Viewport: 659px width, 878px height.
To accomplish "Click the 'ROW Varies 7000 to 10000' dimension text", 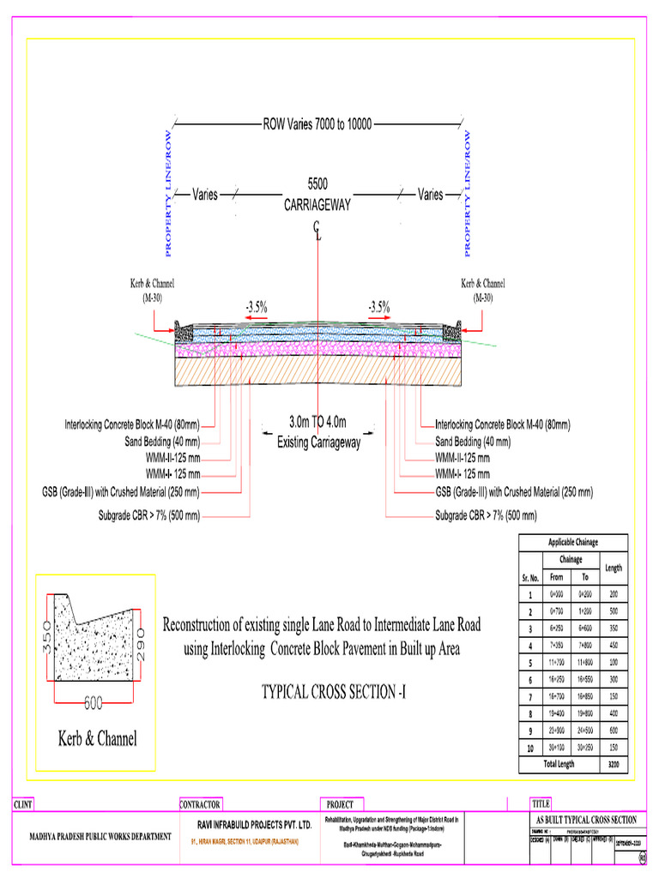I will click(317, 125).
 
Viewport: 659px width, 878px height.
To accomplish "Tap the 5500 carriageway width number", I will click(317, 184).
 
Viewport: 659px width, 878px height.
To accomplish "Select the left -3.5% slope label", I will click(256, 305).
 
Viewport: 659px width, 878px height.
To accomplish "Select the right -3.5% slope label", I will click(379, 305).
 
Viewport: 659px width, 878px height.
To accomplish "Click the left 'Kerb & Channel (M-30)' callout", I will click(152, 290).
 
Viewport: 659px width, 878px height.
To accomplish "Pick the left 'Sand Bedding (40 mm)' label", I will click(162, 442).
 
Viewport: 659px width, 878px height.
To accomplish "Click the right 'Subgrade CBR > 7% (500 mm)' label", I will click(486, 516).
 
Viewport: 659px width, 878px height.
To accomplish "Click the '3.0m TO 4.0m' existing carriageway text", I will click(317, 422).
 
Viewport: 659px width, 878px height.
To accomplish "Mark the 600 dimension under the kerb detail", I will click(93, 704).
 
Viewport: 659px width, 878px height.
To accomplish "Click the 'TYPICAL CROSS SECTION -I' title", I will click(333, 692).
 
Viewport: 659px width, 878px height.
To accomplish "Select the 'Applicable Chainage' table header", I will click(573, 542).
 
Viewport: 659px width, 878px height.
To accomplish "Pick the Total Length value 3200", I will click(613, 763).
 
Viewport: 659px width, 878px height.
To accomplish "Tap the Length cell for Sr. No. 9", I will click(613, 731).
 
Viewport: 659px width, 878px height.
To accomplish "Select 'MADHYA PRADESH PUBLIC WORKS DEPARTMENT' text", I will click(101, 837).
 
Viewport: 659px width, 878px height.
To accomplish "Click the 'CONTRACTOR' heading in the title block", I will click(201, 804).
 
